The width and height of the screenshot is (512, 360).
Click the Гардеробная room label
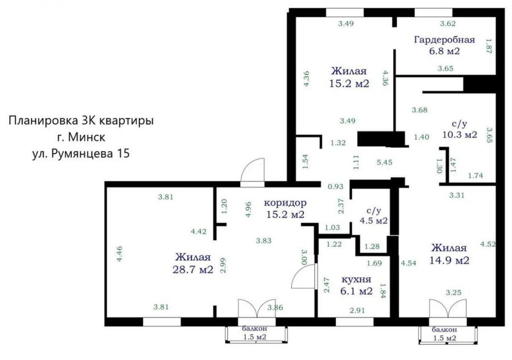point(444,40)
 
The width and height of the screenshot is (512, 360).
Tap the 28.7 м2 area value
point(193,269)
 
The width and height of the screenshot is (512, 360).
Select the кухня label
point(356,279)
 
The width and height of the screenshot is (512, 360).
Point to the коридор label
point(285,203)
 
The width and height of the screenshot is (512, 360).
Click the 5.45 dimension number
point(384,162)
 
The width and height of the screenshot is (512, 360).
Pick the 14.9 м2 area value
point(449,260)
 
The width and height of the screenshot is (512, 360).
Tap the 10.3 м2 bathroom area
point(460,135)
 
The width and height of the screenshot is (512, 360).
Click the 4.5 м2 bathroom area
point(373,221)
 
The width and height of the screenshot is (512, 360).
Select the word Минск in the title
point(87,137)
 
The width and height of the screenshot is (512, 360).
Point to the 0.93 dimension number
point(335,186)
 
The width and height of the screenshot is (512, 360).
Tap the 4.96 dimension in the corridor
point(248,209)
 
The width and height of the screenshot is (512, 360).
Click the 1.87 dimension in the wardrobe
point(489,46)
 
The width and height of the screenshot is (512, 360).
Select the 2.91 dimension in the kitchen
point(357,310)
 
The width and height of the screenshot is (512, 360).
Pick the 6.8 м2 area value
point(444,51)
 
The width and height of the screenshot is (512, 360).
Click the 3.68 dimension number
point(419,110)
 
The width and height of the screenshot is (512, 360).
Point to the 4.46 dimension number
point(119,254)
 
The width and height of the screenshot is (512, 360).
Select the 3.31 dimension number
point(457,195)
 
